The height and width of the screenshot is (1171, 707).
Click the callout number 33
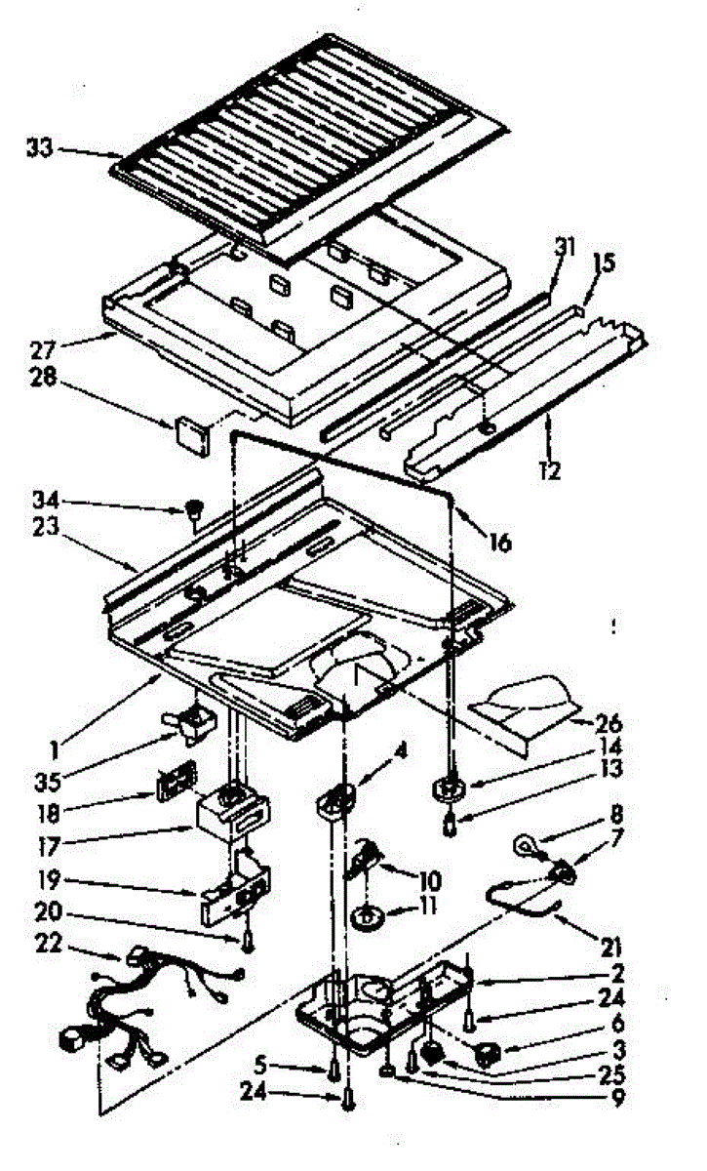[40, 149]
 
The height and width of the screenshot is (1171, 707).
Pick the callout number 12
[550, 471]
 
